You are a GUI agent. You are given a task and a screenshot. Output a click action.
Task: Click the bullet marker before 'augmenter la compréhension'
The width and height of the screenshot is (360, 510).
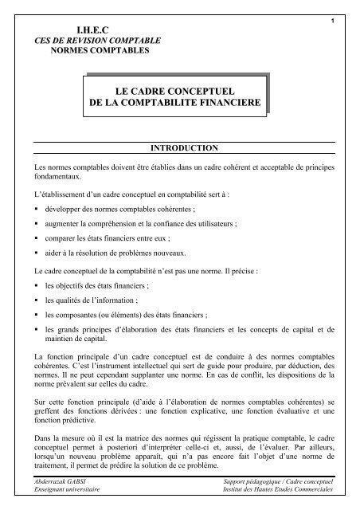click(29, 225)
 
